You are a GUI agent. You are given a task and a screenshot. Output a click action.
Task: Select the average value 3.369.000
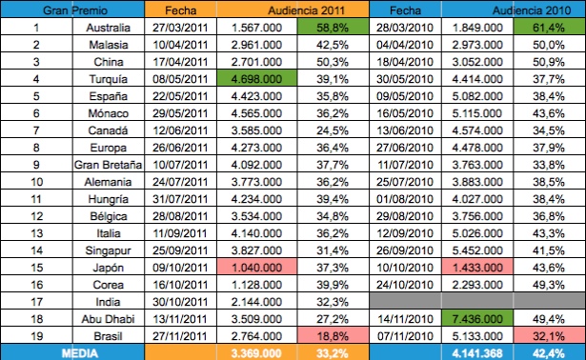(x=254, y=351)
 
